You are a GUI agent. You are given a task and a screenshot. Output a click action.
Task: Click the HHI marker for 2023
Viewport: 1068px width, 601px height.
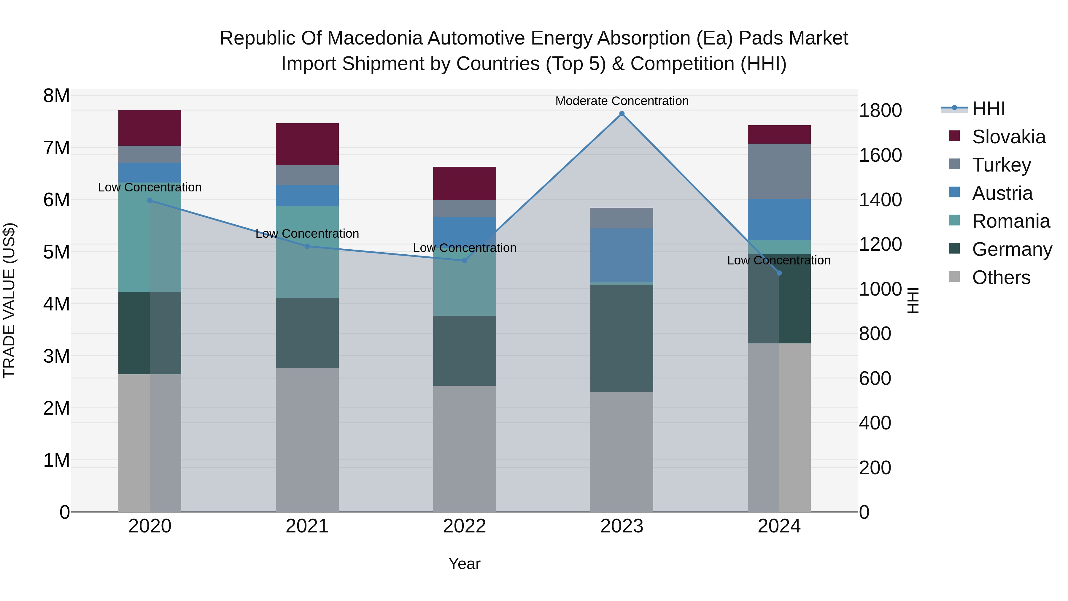click(622, 114)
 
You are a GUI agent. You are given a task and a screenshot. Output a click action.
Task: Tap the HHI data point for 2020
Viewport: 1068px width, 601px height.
click(150, 200)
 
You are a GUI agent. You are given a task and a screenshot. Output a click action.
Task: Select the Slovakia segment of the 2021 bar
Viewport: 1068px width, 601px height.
click(307, 144)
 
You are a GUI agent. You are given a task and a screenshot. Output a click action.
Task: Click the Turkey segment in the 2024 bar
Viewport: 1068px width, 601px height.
click(779, 171)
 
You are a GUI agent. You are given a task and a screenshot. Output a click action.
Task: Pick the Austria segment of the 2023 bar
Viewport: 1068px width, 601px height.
click(622, 255)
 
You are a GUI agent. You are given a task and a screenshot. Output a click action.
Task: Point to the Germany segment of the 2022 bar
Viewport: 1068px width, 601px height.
click(464, 351)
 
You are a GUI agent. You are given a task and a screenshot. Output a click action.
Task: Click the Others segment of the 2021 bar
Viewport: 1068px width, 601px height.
click(307, 440)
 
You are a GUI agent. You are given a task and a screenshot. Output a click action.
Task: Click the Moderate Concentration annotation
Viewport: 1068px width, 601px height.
click(622, 101)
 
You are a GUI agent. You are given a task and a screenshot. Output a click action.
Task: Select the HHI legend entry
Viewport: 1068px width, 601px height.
click(988, 109)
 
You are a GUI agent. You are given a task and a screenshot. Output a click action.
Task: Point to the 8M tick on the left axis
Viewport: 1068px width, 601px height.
click(56, 96)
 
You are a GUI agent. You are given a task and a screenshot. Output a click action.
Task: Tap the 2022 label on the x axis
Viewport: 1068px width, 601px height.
click(464, 526)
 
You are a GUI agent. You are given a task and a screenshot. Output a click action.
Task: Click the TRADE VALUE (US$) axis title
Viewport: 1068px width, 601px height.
click(9, 300)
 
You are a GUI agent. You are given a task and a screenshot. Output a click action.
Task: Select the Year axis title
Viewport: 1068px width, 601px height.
click(464, 564)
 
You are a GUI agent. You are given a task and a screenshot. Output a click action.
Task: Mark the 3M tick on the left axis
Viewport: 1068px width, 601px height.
click(56, 356)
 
